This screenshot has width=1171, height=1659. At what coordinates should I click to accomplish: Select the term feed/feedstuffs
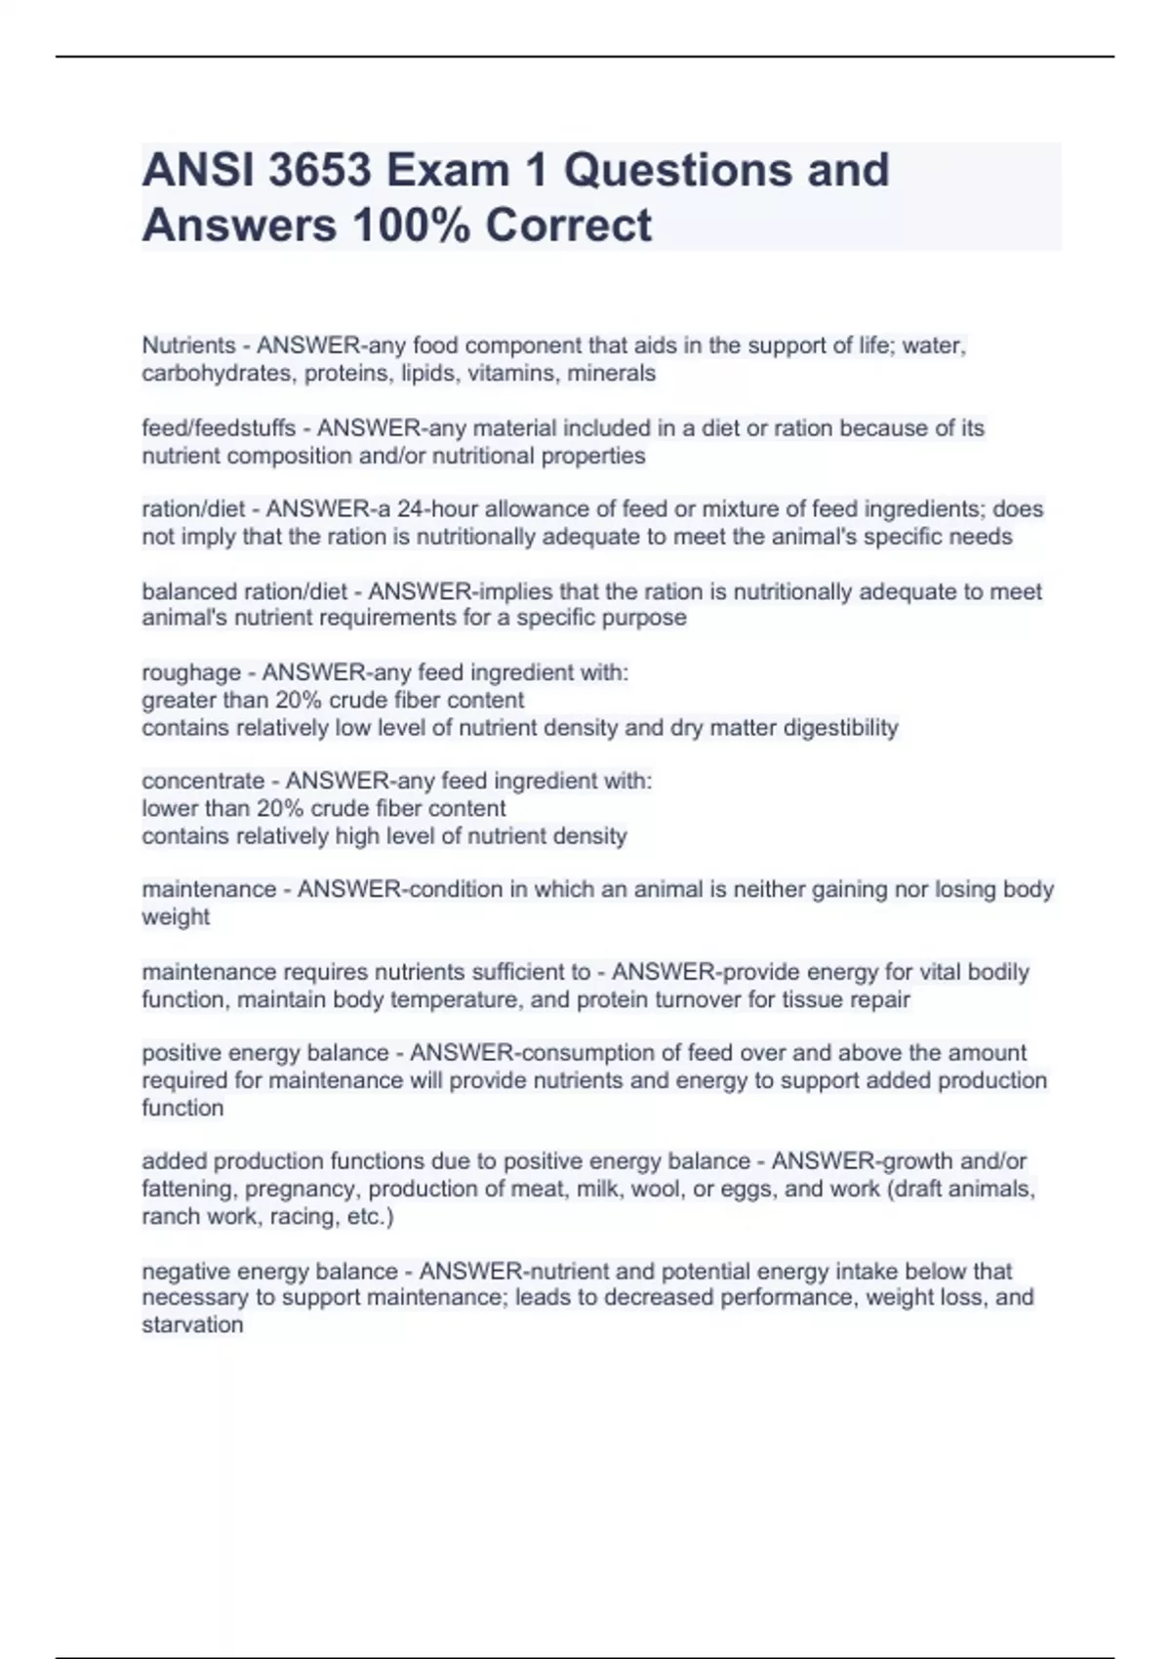pos(219,428)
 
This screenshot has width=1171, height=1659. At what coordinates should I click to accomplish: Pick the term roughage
pos(191,672)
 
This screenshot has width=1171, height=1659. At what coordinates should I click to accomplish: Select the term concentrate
pos(203,781)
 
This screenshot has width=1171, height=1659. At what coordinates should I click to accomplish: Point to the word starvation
pos(192,1325)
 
